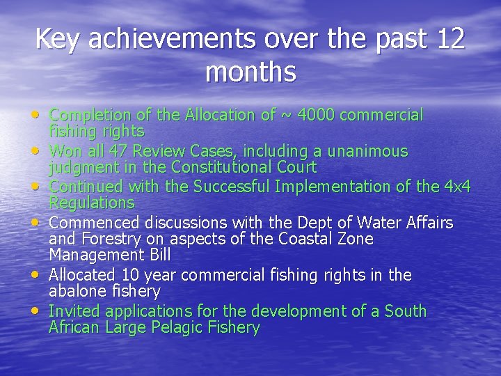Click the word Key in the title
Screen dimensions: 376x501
click(x=56, y=38)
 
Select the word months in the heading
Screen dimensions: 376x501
click(x=250, y=72)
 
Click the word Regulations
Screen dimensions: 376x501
click(x=91, y=203)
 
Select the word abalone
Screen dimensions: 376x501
click(x=75, y=291)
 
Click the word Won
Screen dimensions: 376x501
click(x=65, y=151)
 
